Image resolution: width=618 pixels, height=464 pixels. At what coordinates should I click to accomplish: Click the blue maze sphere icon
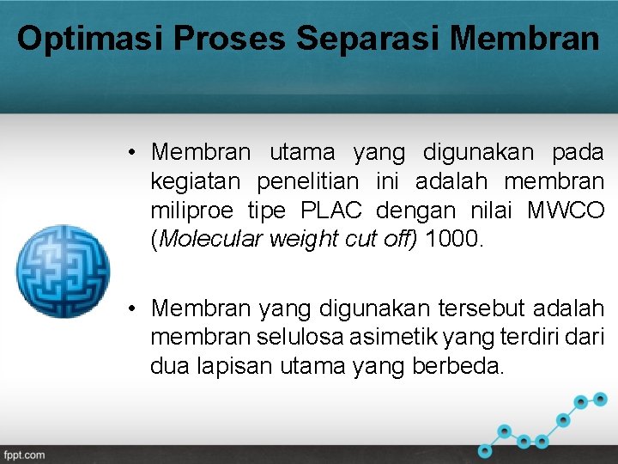(x=64, y=271)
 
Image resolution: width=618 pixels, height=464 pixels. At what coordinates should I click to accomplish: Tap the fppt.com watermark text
(x=23, y=455)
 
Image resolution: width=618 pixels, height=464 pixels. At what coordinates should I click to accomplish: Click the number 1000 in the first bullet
(x=454, y=239)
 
